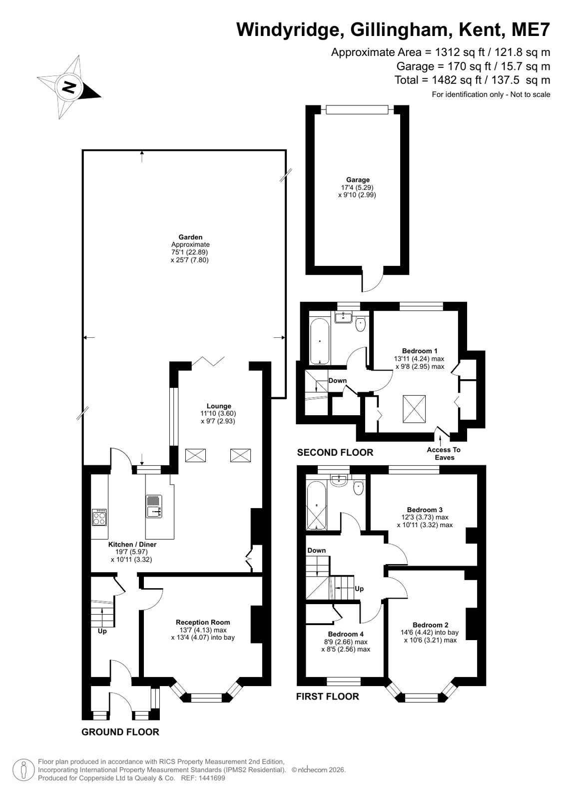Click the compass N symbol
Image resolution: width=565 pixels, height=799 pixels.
coord(69,87)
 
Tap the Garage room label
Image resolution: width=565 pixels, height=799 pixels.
coord(358,180)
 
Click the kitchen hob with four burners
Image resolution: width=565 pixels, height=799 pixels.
coord(99,517)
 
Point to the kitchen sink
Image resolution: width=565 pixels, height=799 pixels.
coord(154,506)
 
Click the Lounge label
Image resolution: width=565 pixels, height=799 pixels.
coord(219,406)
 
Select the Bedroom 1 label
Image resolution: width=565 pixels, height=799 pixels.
coord(420,351)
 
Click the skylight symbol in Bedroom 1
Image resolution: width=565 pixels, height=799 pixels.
coord(414,409)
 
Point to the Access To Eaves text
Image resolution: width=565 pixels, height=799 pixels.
coord(444,453)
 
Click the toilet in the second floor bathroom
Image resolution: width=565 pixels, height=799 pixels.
coord(361,325)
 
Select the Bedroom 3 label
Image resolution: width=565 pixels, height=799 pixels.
coord(425,510)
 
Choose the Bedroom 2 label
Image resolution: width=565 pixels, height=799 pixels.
coord(431,625)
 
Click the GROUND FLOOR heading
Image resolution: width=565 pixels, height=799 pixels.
coord(120,732)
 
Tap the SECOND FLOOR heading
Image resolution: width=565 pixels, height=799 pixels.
coord(335,453)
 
